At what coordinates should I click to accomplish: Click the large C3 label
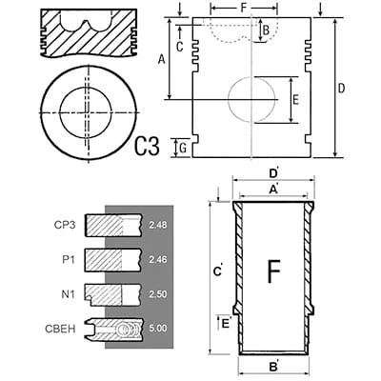pos(147,146)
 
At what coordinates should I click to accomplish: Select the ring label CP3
pos(65,225)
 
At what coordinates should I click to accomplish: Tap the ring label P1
pos(69,260)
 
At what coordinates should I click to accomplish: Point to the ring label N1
pos(69,294)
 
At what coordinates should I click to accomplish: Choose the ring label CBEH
pos(60,329)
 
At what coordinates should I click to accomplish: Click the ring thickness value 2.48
pos(157,225)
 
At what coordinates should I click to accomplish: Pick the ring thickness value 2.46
pos(157,260)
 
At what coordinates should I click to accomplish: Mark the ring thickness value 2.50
pos(157,294)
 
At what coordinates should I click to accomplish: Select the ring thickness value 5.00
pos(157,328)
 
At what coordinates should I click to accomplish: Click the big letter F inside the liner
pos(274,271)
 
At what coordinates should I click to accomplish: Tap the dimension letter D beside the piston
pos(341,89)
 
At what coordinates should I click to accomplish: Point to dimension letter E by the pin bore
pos(295,100)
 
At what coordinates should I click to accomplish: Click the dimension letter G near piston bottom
pos(183,149)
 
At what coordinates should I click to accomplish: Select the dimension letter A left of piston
pos(162,59)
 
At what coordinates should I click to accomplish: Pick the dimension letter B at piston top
pos(267,30)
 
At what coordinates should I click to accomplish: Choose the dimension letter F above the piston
pos(244,8)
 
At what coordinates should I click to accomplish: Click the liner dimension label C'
pos(218,271)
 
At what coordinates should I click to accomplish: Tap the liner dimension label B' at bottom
pos(273,368)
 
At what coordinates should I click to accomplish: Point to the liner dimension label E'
pos(226,324)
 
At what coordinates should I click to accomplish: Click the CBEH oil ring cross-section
pos(113,329)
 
